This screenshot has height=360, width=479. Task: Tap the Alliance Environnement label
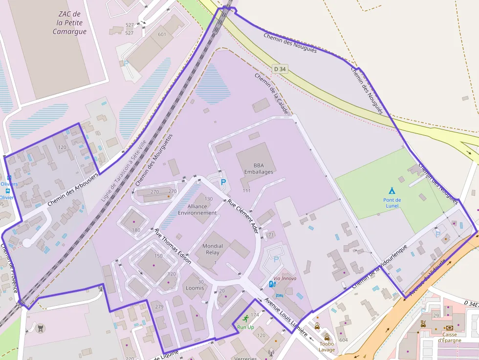(x=197, y=210)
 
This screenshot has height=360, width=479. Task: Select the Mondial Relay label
(x=213, y=249)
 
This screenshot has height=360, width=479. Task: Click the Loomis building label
(x=195, y=288)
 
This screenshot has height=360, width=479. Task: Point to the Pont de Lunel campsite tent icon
(x=392, y=191)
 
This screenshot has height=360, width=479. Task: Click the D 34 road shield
(x=280, y=69)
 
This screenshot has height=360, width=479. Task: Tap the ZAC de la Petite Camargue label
(x=69, y=23)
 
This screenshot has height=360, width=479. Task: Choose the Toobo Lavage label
(x=327, y=347)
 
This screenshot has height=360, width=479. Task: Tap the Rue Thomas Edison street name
(x=173, y=246)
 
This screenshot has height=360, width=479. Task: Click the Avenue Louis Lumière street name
(x=285, y=317)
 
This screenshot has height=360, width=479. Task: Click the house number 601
(x=162, y=34)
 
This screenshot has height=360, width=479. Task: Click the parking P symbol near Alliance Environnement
(x=223, y=182)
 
